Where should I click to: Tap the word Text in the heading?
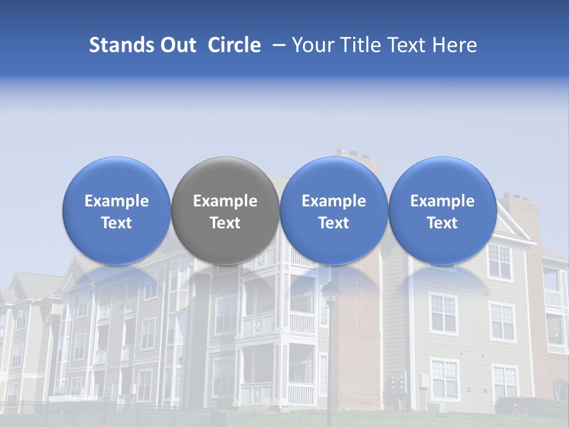(x=408, y=45)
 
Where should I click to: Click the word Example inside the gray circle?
(x=225, y=201)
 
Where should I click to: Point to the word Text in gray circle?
(x=225, y=223)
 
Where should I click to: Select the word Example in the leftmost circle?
(x=117, y=201)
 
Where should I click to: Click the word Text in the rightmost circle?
(x=443, y=223)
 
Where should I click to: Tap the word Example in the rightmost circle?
(x=443, y=201)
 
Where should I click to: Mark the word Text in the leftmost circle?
(x=117, y=223)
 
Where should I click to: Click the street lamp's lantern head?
(x=330, y=292)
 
